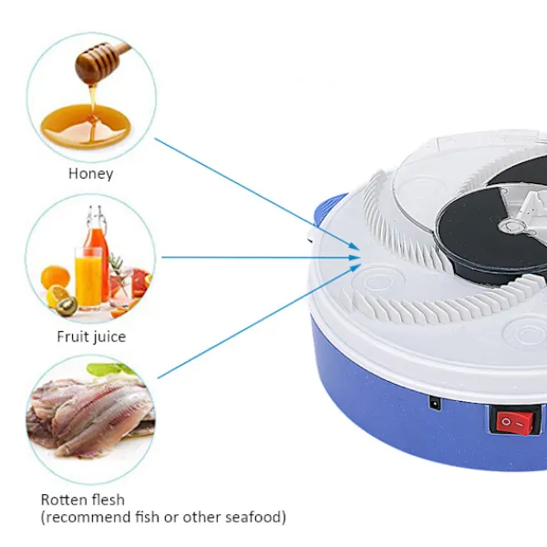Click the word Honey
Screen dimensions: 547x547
coord(90,174)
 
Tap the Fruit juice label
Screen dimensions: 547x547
coord(91,337)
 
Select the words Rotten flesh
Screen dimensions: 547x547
coord(83,500)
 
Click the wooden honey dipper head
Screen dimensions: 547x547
coord(98,64)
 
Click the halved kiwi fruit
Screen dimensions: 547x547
coord(67,305)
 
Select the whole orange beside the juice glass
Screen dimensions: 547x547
coord(55,277)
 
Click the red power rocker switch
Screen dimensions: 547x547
coord(515,423)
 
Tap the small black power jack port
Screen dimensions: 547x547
coord(435,404)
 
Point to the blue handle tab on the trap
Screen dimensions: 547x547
coord(331,210)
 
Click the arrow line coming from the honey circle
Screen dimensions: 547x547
coord(257,194)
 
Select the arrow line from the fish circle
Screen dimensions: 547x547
coord(259,321)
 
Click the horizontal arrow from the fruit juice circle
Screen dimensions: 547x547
coord(261,257)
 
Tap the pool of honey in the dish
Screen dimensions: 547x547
coord(86,127)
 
